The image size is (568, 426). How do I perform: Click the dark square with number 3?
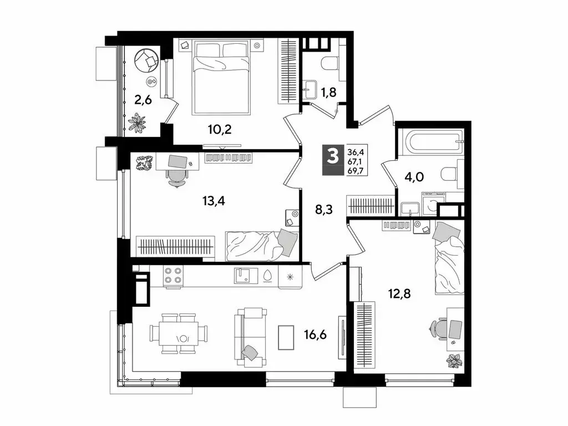333,156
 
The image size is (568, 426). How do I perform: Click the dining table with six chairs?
179,333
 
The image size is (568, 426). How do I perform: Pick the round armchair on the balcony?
148,60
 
